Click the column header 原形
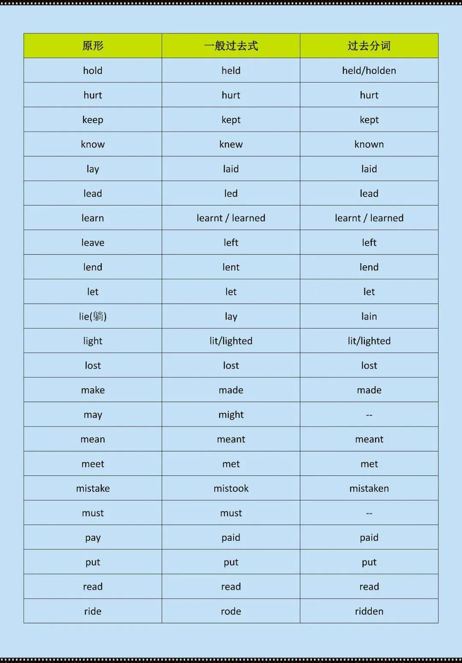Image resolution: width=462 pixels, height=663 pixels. [93, 46]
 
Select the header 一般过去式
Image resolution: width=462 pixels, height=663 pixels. [231, 46]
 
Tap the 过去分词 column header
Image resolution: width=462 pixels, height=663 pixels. [369, 46]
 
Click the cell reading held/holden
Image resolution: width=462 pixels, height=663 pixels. [369, 70]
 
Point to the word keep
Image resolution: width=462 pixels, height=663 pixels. [93, 120]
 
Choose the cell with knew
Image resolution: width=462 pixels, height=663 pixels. [231, 144]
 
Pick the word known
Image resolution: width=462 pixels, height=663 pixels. [369, 144]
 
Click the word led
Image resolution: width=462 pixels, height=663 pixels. [231, 194]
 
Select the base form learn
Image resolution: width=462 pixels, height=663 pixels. [93, 218]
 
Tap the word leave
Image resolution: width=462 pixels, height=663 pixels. [93, 243]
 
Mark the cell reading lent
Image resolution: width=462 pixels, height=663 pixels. [231, 267]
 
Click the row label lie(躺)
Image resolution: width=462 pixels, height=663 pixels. [93, 316]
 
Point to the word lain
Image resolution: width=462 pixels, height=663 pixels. [369, 316]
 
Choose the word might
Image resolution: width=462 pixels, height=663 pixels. [231, 415]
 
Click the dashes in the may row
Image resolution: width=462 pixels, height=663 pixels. [369, 415]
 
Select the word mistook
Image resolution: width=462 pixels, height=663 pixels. [231, 488]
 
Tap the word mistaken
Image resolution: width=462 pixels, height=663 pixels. [369, 488]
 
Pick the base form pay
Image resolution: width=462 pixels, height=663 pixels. [93, 537]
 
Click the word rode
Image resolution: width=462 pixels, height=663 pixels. [231, 611]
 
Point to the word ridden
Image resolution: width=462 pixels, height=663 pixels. [369, 611]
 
